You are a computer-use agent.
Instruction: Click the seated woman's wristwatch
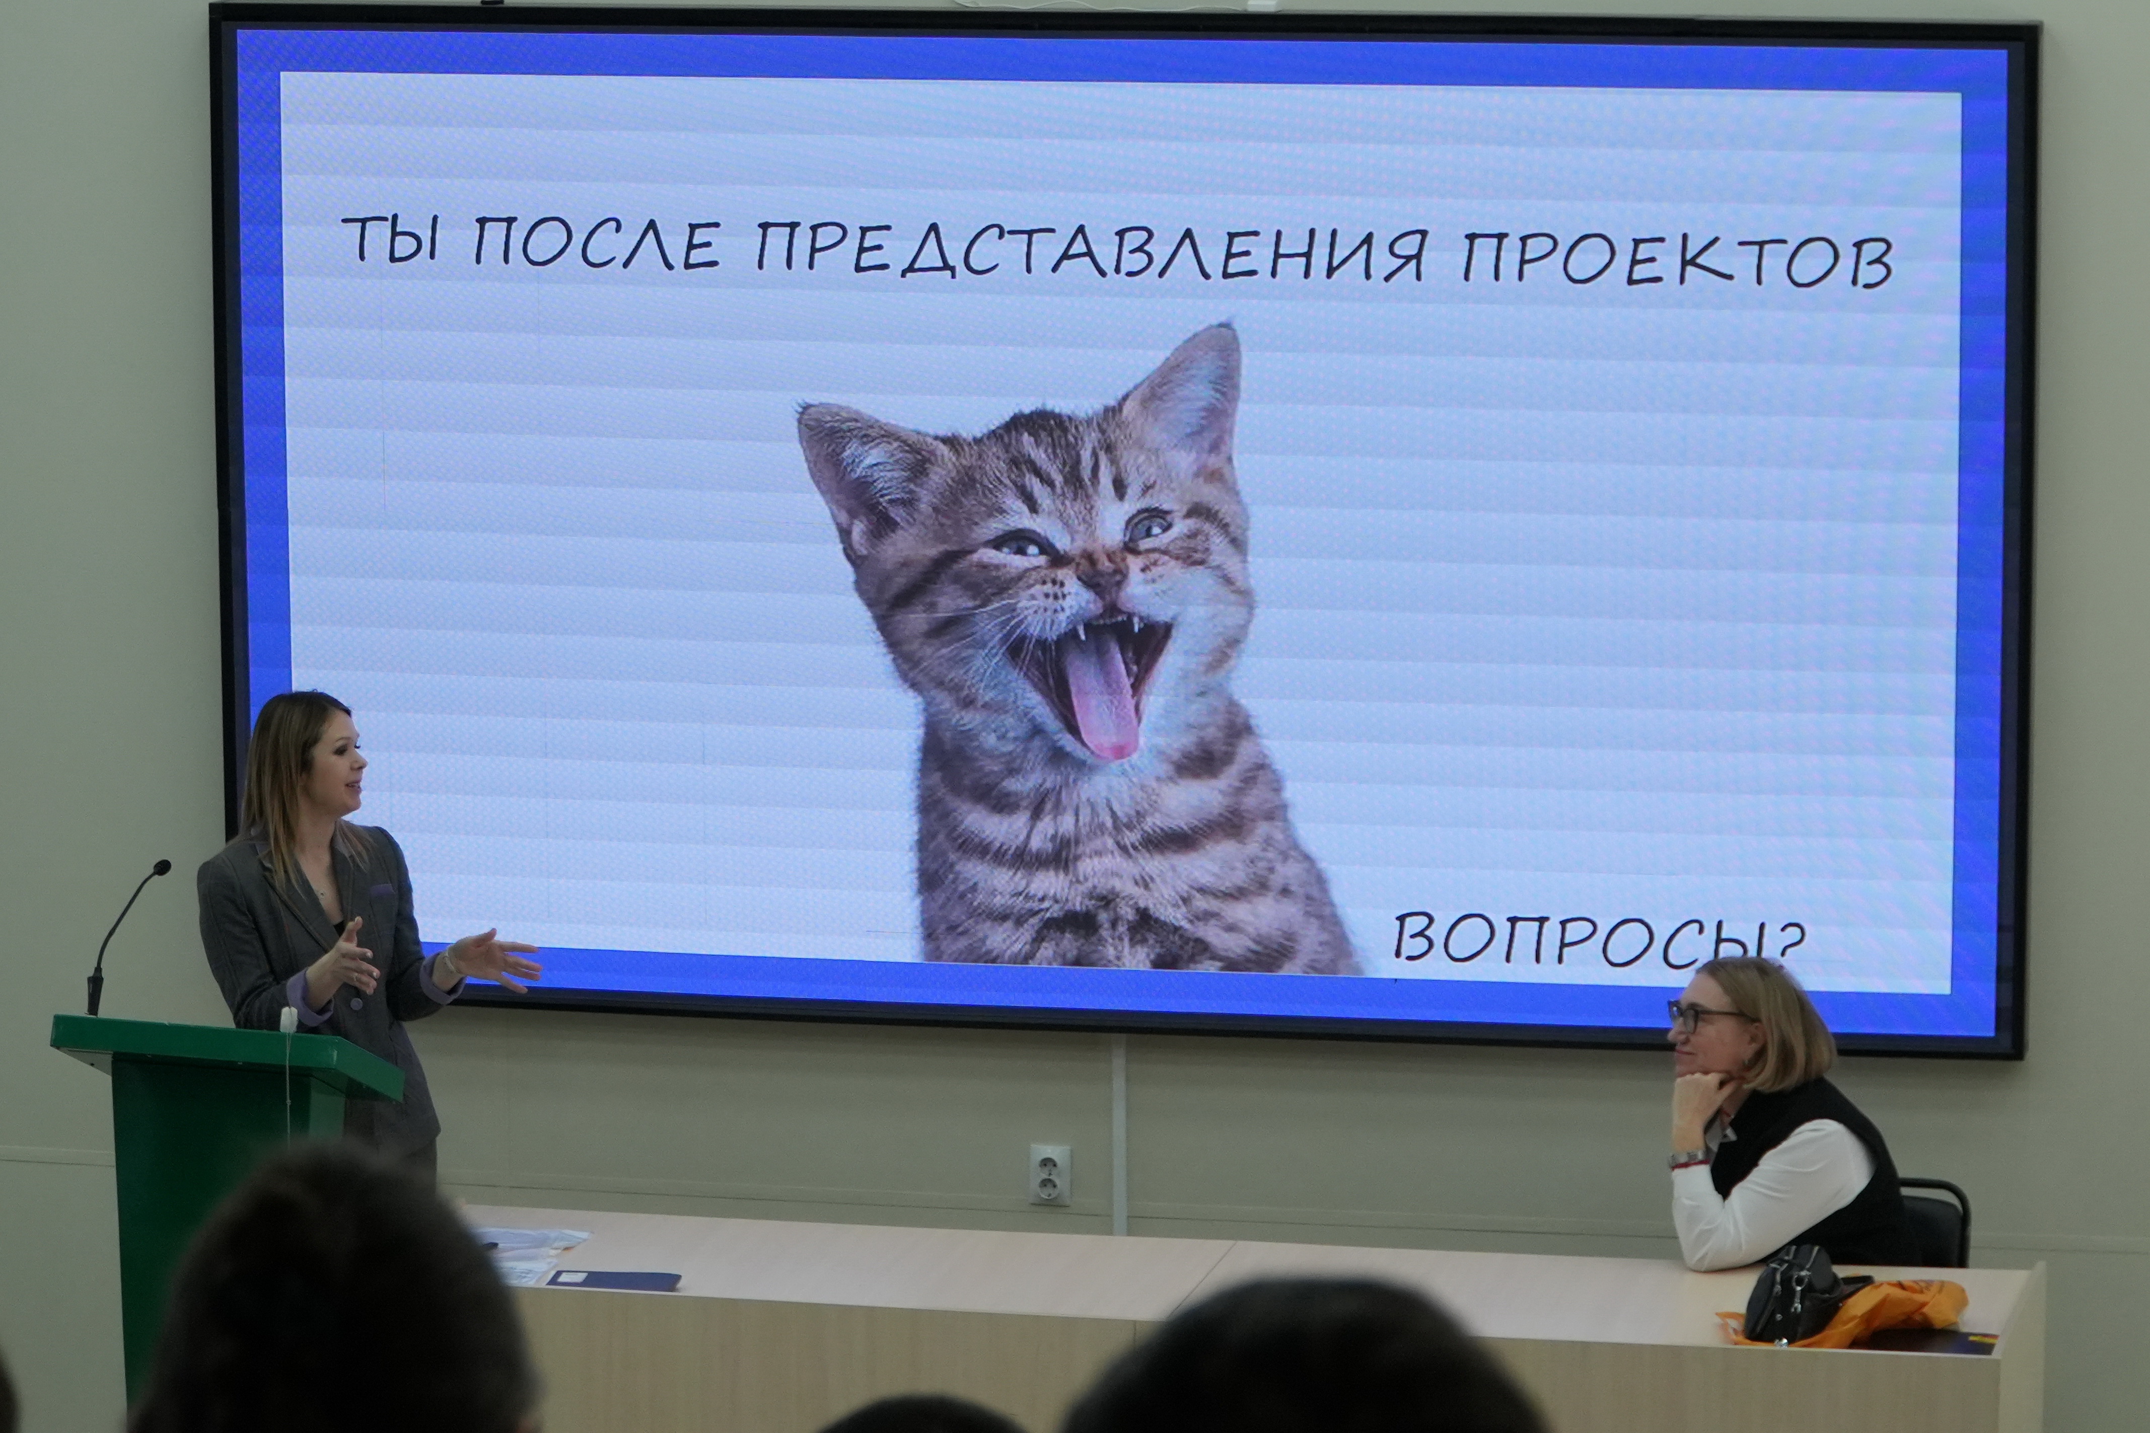coord(1688,1160)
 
